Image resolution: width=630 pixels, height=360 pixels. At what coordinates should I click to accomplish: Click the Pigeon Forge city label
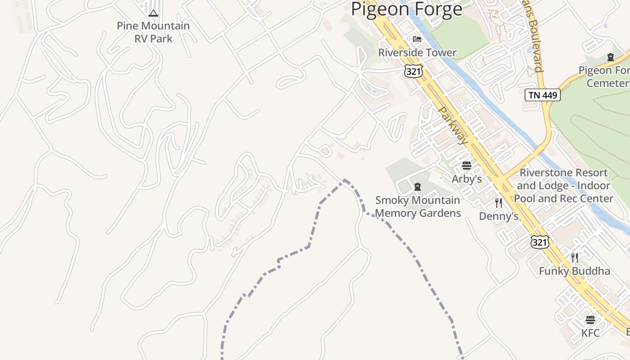[x=406, y=9]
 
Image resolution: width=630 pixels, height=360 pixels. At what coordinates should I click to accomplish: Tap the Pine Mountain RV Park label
[x=153, y=32]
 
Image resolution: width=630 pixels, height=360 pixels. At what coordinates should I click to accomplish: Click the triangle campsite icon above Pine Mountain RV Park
[x=153, y=13]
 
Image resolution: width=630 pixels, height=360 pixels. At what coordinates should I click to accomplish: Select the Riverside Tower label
[x=417, y=53]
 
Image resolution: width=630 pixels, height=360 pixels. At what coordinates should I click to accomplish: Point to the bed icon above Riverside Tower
[x=417, y=40]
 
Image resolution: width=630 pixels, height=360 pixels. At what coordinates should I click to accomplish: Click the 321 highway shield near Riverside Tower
[x=413, y=71]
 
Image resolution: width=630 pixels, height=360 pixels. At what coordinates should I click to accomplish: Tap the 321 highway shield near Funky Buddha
[x=540, y=243]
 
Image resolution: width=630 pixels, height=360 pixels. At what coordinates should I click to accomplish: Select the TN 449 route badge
[x=543, y=95]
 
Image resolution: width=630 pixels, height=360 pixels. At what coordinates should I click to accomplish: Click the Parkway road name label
[x=453, y=126]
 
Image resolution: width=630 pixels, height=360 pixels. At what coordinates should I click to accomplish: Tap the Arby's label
[x=467, y=179]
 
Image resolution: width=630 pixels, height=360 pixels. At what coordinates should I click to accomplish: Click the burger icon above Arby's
[x=466, y=166]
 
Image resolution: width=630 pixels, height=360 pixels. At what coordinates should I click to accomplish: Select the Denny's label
[x=499, y=216]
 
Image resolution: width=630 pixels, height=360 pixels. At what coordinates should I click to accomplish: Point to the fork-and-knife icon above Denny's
[x=499, y=203]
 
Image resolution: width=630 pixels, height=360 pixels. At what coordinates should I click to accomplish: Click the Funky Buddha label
[x=575, y=271]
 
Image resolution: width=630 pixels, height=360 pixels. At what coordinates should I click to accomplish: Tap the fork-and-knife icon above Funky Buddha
[x=575, y=257]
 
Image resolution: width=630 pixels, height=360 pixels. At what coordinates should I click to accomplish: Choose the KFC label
[x=590, y=333]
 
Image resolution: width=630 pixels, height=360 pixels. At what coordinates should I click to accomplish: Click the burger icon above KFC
[x=590, y=320]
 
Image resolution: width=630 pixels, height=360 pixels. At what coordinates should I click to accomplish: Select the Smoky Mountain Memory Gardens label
[x=418, y=207]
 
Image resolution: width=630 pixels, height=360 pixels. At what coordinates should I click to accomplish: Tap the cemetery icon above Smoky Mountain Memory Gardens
[x=418, y=187]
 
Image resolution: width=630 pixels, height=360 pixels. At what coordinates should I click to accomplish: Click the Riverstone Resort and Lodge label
[x=563, y=185]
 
